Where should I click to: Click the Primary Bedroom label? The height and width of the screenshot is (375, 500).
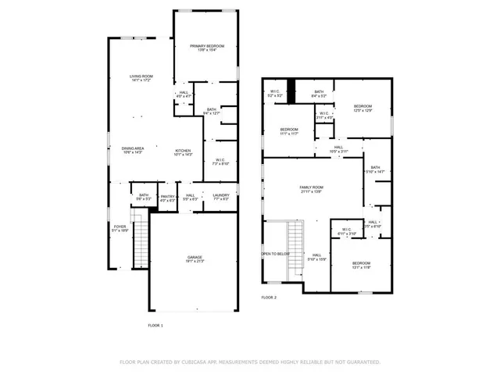[x=207, y=47]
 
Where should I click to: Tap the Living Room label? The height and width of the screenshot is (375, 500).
[x=141, y=76]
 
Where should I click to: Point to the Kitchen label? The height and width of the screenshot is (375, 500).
[x=183, y=150]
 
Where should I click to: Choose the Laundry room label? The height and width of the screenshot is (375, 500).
[x=221, y=195]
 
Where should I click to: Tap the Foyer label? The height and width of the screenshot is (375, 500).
[x=120, y=227]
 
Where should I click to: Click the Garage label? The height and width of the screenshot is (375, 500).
[x=195, y=256]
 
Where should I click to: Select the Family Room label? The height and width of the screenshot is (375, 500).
[x=312, y=187]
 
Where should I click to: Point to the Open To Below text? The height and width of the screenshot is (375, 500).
[x=276, y=254]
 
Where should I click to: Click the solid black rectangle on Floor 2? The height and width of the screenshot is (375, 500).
[x=291, y=91]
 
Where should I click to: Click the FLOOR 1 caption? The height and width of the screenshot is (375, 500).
[x=155, y=324]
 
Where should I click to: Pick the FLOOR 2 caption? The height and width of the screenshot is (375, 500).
[x=269, y=297]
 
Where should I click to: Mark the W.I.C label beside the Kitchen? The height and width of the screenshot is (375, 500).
[x=220, y=162]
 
